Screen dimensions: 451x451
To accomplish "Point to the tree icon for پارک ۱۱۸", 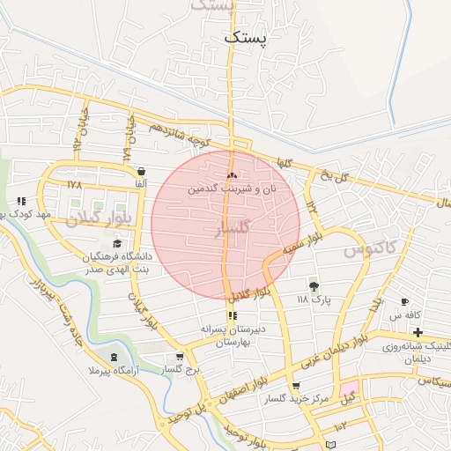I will pos(313,285).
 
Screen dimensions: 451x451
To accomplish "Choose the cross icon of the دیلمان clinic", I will pos(417,332).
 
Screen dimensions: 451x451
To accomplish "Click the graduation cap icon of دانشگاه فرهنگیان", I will pos(117,243).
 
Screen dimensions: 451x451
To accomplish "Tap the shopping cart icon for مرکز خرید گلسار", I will pos(295,386).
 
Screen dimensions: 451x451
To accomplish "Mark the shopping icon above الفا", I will pos(142,170).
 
